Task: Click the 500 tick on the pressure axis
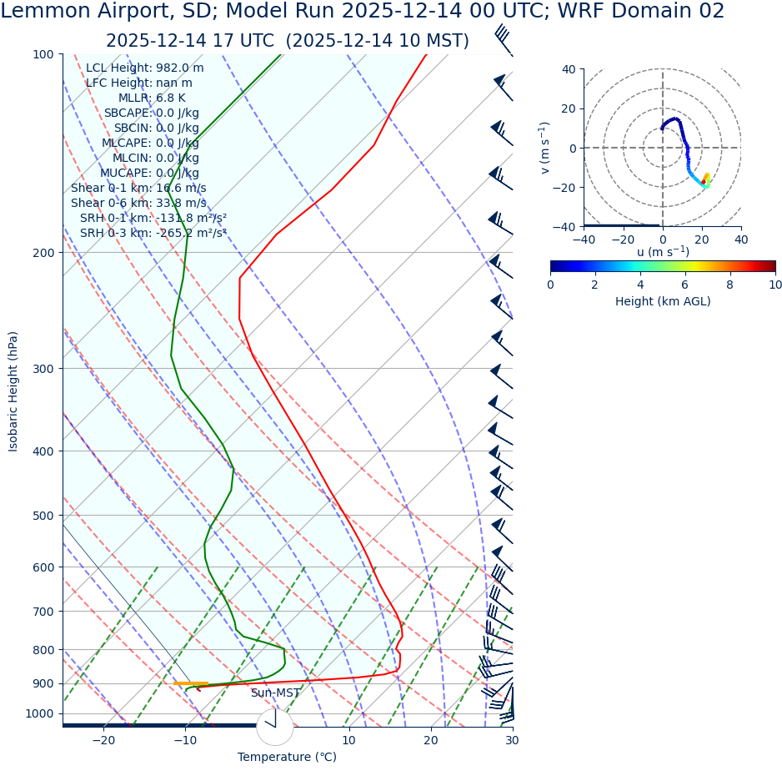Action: coord(43,516)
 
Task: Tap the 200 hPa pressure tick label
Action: coord(43,253)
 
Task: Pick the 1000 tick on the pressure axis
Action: coord(39,713)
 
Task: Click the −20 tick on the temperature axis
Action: coord(103,740)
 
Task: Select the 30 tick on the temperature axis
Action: coord(512,740)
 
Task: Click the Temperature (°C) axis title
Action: coord(287,758)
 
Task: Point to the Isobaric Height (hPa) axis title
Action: coord(13,391)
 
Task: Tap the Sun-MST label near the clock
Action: coord(275,693)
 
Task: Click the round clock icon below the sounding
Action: coord(275,727)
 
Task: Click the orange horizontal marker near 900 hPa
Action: coord(190,684)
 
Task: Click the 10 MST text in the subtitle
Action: coord(434,41)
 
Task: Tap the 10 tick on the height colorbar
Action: coord(775,285)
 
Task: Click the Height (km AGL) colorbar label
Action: coord(663,301)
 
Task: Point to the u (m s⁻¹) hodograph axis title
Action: coord(663,252)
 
